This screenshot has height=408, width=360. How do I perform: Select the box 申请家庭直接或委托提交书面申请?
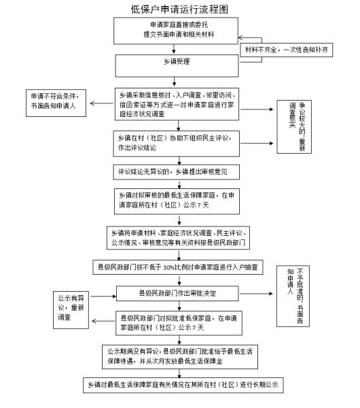[179, 31]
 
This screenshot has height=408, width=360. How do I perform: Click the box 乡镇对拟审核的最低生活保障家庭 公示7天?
[179, 198]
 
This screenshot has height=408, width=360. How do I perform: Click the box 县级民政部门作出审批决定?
[179, 293]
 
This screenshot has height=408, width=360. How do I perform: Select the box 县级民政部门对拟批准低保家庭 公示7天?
[179, 322]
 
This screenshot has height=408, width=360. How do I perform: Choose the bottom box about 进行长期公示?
[179, 384]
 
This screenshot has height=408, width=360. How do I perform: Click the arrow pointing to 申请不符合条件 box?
[101, 104]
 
